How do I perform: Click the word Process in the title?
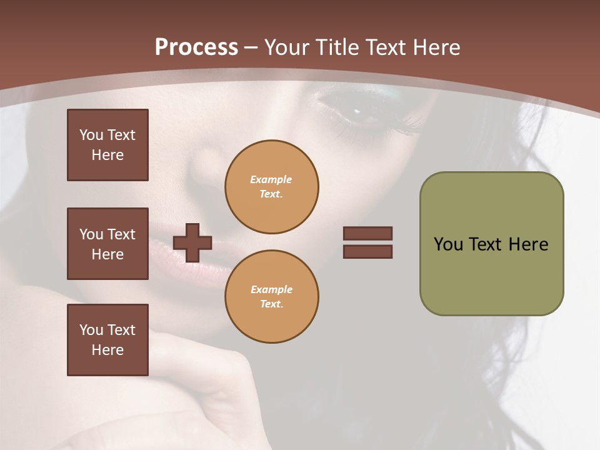click(196, 47)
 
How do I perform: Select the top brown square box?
click(107, 145)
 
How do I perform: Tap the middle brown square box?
click(107, 244)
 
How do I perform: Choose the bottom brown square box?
click(107, 340)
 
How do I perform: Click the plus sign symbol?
click(192, 242)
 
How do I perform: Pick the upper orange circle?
click(272, 187)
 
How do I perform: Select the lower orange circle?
click(272, 297)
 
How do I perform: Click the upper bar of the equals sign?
click(367, 234)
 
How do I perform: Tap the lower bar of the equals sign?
click(367, 251)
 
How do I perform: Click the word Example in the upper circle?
click(271, 179)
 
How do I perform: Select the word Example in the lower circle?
click(271, 289)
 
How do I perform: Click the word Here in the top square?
click(107, 155)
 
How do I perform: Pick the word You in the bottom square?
click(91, 330)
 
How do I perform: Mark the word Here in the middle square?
click(107, 254)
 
